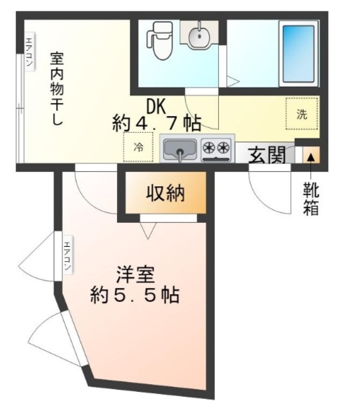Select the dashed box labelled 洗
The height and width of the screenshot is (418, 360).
pos(301,113)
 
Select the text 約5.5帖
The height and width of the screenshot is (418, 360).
pos(135,295)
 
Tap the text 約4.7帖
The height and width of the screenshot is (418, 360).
pos(156,121)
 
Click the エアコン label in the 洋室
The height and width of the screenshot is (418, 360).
pos(67,259)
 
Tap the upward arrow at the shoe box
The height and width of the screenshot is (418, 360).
pos(310,157)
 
